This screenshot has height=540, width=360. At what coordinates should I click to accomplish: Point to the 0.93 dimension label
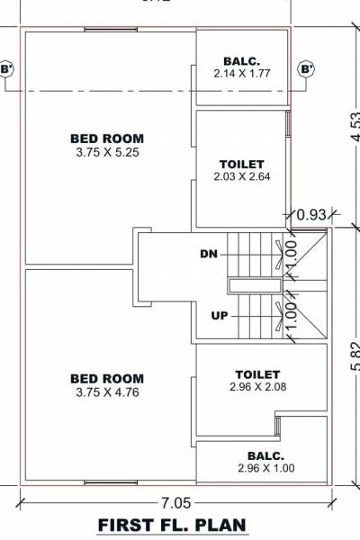310,216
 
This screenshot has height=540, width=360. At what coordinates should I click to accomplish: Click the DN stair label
209,255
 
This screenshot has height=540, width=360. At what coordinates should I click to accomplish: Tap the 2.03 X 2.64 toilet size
241,177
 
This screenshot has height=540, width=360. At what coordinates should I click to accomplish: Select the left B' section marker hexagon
7,68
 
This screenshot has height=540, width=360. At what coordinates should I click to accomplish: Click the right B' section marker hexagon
307,68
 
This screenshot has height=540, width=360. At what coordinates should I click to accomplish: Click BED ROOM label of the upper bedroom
106,139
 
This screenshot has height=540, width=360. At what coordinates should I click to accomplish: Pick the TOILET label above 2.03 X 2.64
241,164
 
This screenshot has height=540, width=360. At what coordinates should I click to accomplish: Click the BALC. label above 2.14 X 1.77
241,61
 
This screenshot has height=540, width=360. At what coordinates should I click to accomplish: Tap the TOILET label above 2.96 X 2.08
257,373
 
